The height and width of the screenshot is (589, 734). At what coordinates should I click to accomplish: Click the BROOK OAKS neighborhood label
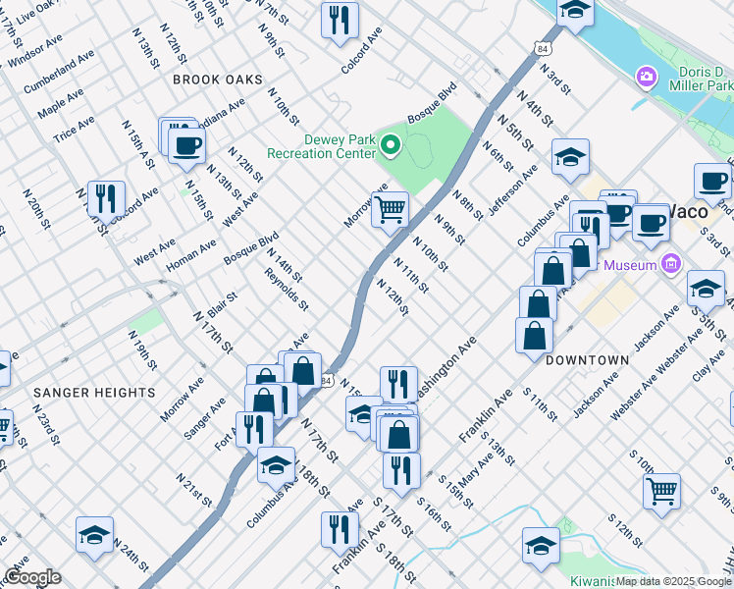pos(218,79)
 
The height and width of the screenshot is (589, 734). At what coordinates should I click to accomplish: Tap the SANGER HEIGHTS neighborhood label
pos(94,392)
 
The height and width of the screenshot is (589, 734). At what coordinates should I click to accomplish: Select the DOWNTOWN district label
pos(587,360)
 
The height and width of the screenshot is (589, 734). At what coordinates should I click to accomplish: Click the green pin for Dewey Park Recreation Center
pos(391,147)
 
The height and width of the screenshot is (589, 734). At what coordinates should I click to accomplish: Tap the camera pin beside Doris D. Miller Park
pos(646,77)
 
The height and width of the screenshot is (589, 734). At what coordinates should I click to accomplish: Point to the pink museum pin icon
pos(671,263)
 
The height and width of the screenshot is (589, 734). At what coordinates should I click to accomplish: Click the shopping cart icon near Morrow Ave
pos(391,209)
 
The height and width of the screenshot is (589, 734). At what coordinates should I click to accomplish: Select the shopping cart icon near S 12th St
pos(662,491)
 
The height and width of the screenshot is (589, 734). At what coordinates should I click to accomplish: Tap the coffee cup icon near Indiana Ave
pos(185,145)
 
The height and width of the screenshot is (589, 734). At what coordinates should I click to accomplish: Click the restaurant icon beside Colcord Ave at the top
pos(340,20)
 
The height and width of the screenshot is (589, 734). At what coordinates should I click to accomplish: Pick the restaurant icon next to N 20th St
pos(106,197)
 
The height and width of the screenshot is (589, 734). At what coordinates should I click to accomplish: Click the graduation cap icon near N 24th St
pos(94,536)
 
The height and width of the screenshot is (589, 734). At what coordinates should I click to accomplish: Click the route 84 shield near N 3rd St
pos(544,48)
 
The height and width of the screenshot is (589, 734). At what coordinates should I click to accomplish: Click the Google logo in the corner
pos(32,577)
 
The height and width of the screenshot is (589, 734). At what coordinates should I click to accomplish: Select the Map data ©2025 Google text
pos(672,581)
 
